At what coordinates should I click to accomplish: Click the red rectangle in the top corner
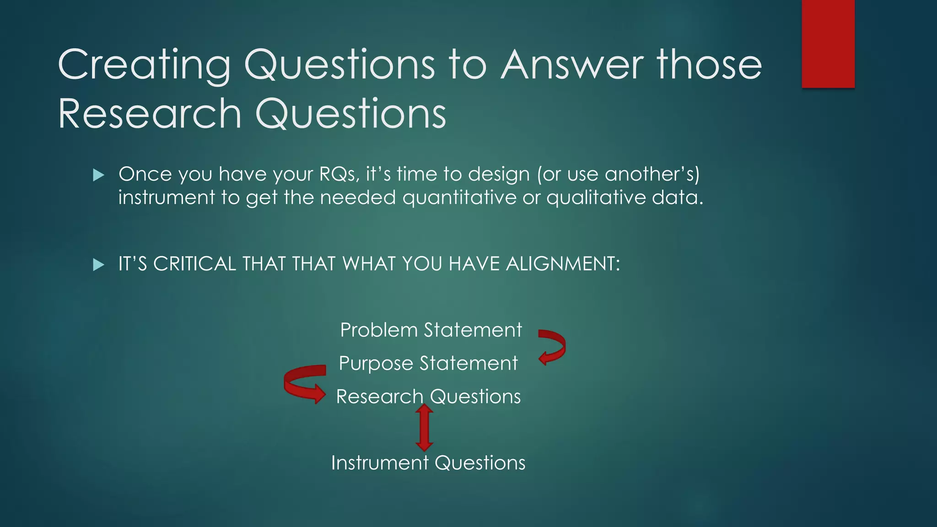click(828, 43)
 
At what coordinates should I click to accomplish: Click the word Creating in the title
click(144, 65)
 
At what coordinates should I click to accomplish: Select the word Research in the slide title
click(150, 114)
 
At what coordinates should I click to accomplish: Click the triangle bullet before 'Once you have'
click(98, 175)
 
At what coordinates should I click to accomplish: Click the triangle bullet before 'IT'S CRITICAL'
click(98, 264)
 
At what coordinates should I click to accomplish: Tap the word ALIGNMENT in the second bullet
click(562, 264)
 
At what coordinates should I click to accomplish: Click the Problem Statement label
click(431, 330)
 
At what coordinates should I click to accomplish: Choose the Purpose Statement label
click(428, 363)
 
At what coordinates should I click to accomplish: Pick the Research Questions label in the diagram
click(428, 396)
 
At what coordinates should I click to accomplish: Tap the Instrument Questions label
click(428, 462)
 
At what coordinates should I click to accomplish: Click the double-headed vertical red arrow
click(424, 428)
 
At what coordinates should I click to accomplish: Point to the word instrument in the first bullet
click(167, 198)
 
